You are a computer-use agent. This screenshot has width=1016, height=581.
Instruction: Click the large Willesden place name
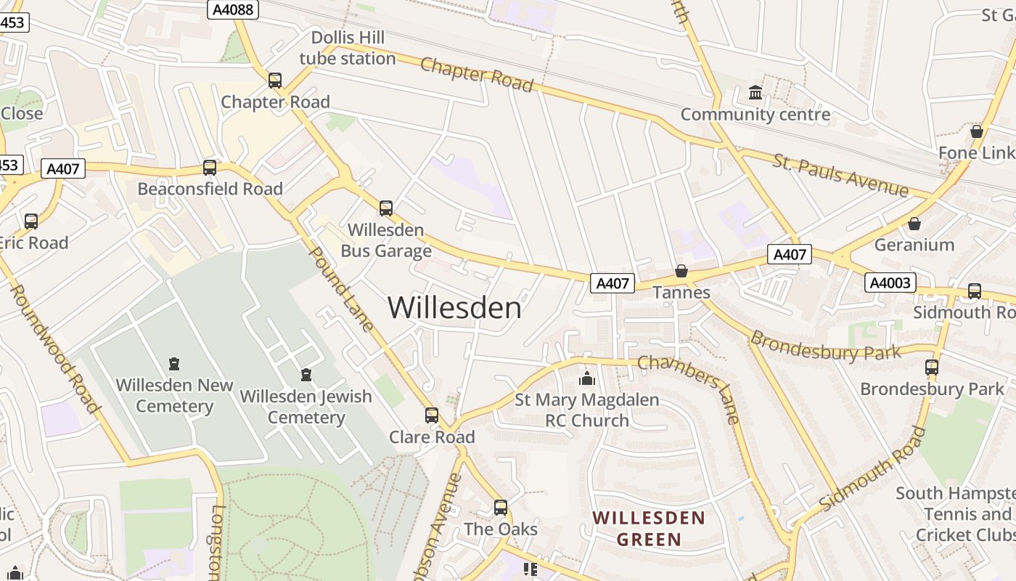tap(454, 308)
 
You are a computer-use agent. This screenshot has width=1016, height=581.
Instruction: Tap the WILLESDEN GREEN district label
tap(648, 528)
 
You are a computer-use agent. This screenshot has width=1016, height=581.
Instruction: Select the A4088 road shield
tap(233, 9)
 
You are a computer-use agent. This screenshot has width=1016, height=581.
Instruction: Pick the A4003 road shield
tap(890, 283)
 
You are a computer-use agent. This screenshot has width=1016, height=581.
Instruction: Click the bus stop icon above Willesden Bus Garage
tap(386, 208)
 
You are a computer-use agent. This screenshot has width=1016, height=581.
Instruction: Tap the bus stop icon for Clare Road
tap(432, 415)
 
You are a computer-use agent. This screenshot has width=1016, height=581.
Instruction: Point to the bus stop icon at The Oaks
tap(501, 508)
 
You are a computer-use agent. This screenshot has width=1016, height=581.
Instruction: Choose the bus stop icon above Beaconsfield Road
tap(210, 168)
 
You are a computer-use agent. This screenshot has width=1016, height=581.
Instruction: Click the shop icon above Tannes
tap(681, 271)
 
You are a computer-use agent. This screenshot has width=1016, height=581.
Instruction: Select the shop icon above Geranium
tap(914, 224)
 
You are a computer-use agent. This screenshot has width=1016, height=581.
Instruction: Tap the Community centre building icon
tap(755, 93)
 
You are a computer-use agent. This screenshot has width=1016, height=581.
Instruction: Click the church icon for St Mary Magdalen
tap(587, 378)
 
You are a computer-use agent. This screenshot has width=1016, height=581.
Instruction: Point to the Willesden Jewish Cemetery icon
tap(306, 375)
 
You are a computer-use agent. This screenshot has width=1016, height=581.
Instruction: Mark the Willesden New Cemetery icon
tap(174, 363)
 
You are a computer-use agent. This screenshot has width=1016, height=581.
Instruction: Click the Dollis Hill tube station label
tap(348, 48)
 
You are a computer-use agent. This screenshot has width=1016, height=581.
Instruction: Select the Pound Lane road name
tap(341, 288)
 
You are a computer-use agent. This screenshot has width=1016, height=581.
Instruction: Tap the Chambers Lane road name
tap(689, 389)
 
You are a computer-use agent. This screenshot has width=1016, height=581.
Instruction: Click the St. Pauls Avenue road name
tap(840, 174)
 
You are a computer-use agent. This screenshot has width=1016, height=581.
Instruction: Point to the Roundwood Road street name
tap(54, 349)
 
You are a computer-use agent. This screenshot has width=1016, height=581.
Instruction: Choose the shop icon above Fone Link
tap(977, 131)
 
